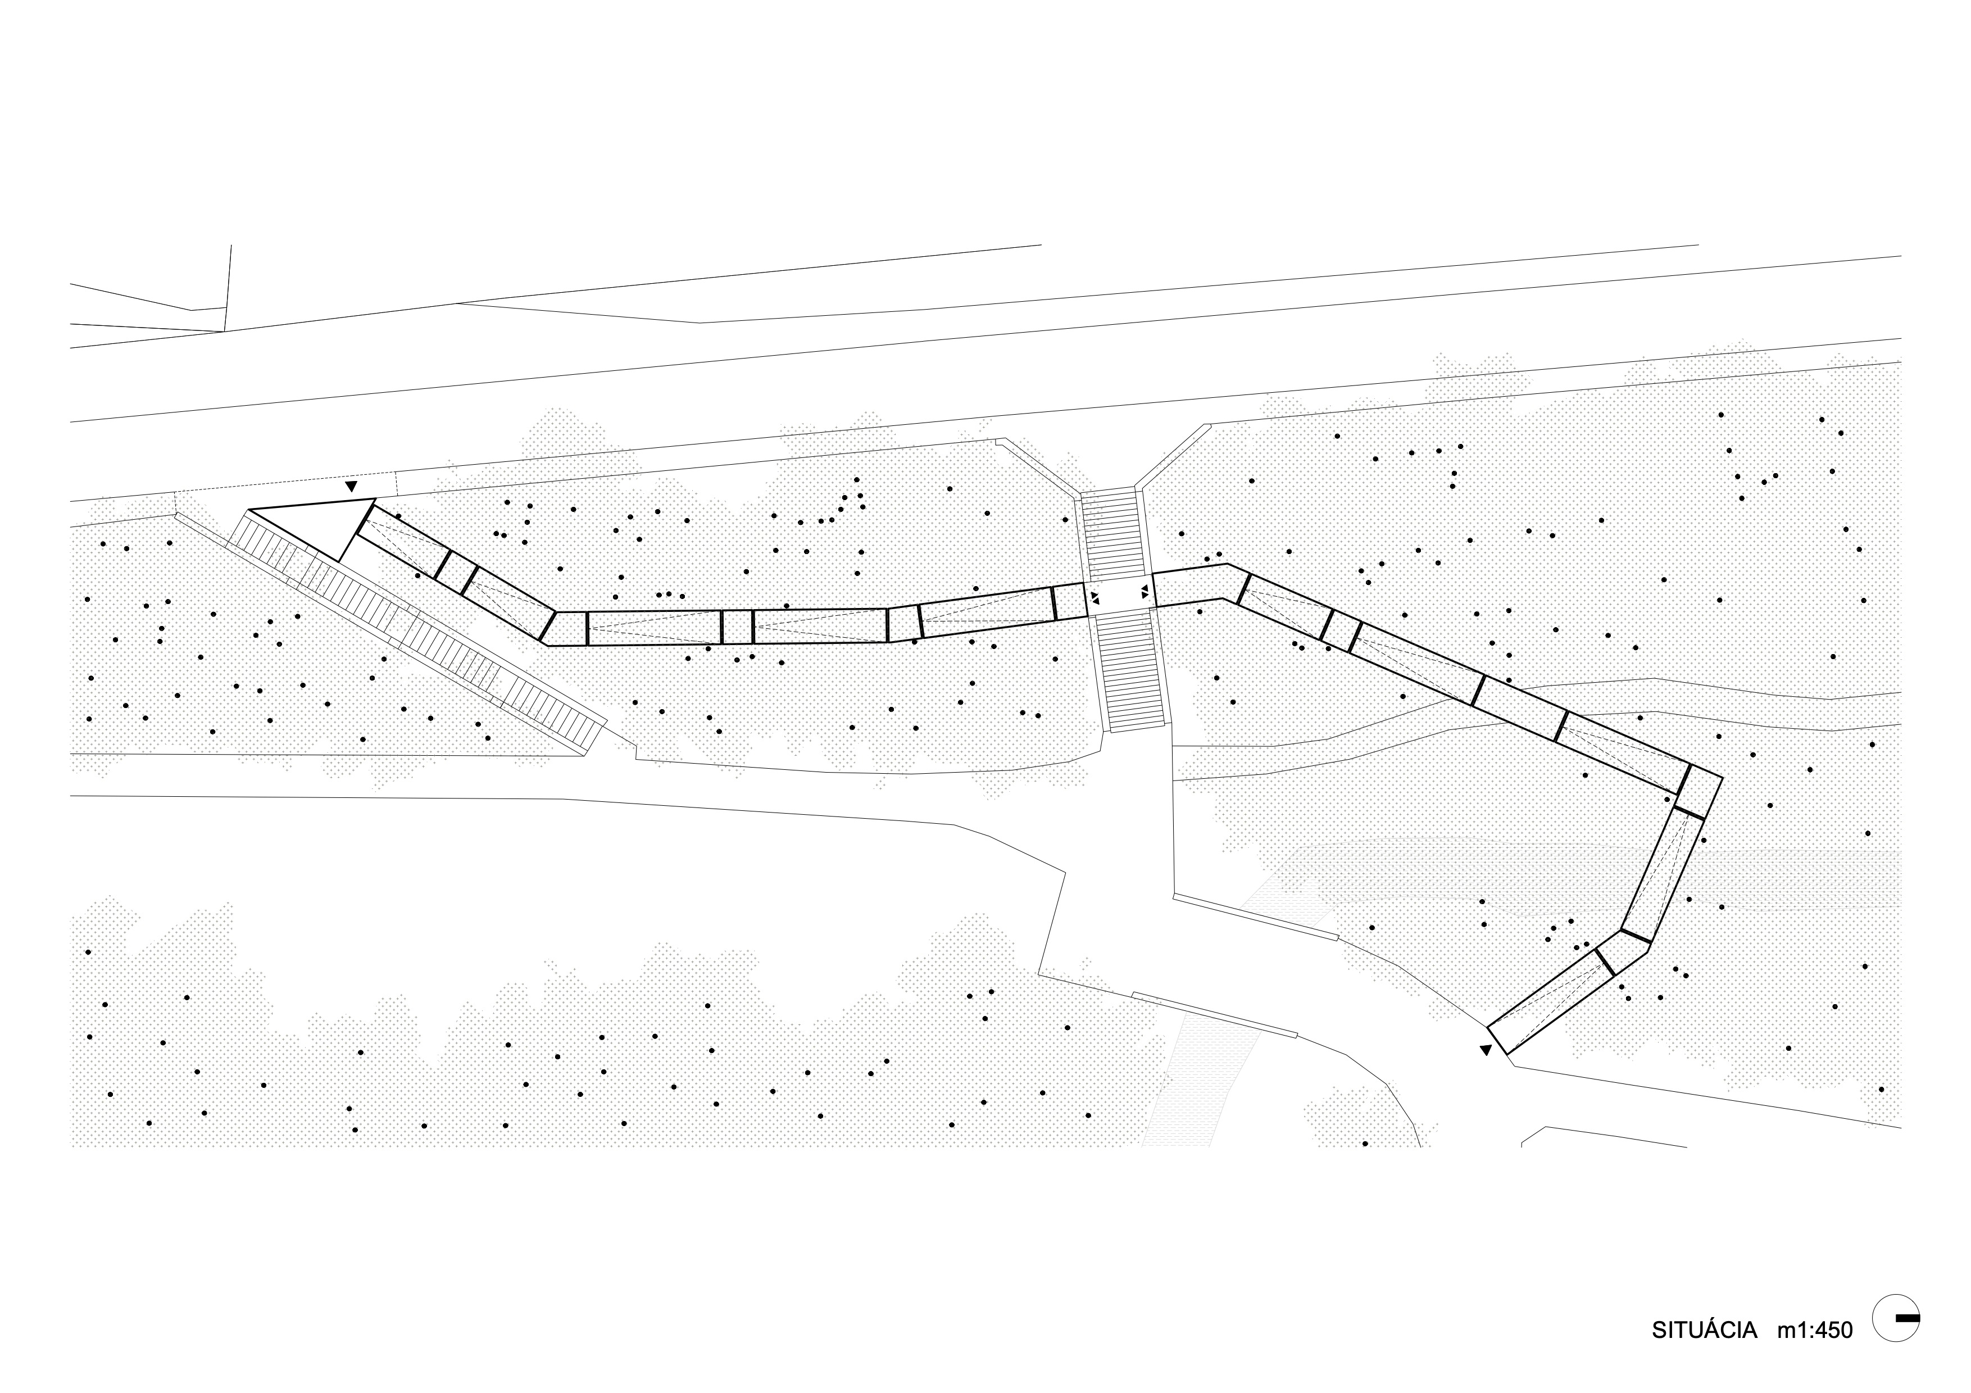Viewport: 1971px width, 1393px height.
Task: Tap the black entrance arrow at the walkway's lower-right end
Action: click(1486, 1049)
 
